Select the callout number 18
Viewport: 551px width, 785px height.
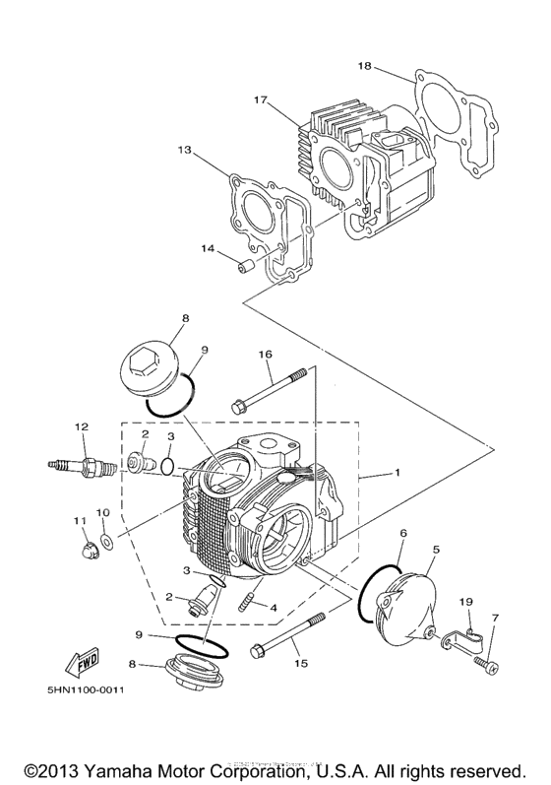click(x=364, y=66)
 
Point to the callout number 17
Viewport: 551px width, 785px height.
click(x=261, y=100)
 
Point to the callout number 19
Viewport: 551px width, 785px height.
click(x=467, y=601)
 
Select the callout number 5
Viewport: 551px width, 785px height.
click(x=436, y=548)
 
